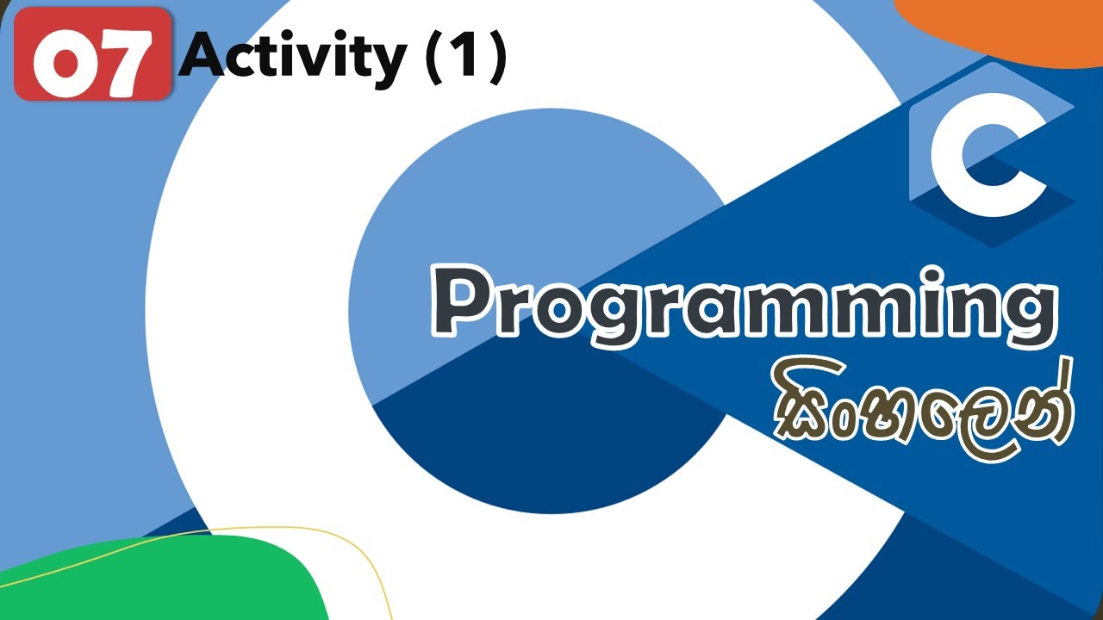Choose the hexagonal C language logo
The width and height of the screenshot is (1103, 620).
click(991, 155)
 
